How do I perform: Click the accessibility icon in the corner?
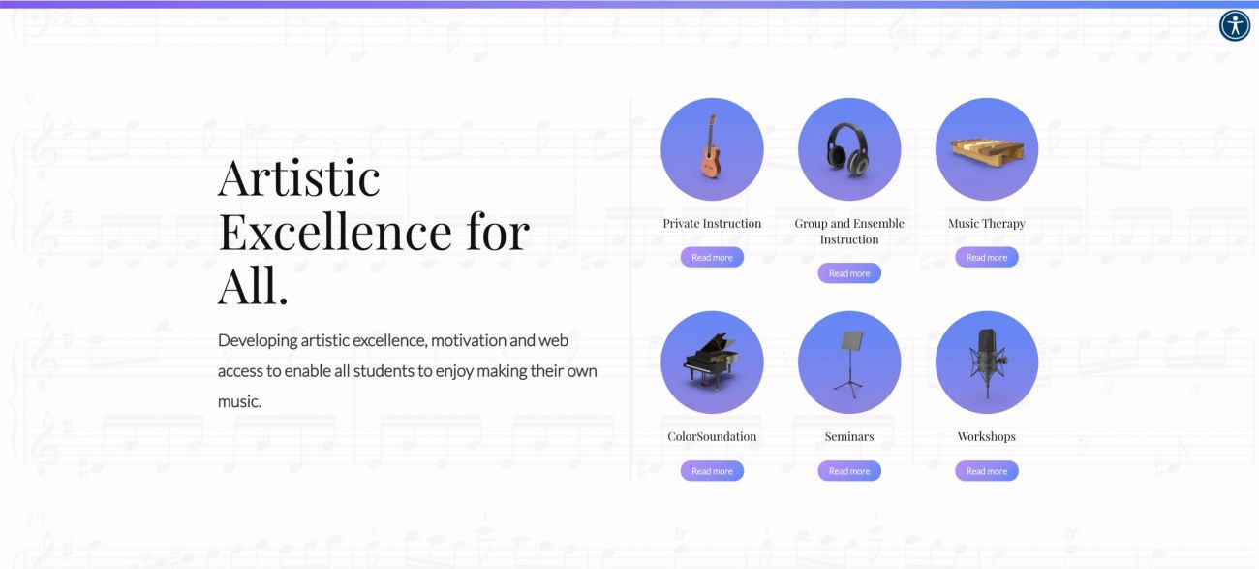tap(1234, 25)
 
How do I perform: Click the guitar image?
tap(711, 146)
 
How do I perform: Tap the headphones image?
tap(848, 149)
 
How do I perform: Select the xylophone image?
tap(987, 151)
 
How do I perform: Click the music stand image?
tap(849, 364)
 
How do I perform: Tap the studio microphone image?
tap(987, 363)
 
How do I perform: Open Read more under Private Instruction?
tap(712, 257)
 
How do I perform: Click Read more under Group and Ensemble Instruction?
tap(849, 273)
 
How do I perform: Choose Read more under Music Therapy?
tap(987, 257)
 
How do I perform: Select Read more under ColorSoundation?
tap(712, 471)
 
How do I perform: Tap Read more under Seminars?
tap(849, 471)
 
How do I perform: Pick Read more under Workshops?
tap(987, 471)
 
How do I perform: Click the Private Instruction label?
tap(712, 224)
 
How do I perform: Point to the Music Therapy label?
tap(987, 224)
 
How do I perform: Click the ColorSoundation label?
tap(712, 437)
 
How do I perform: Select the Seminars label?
tap(849, 437)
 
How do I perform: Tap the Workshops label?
tap(987, 437)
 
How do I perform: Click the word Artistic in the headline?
tap(299, 177)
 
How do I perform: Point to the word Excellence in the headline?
tap(335, 232)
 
